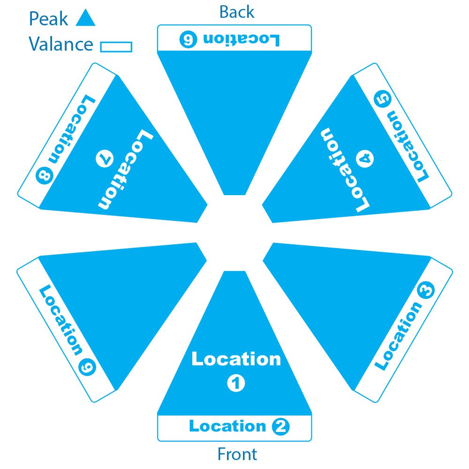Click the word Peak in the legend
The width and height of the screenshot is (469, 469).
[x=48, y=19]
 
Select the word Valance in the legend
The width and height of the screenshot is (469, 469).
[x=61, y=45]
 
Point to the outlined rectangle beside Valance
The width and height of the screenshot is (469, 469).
[x=116, y=46]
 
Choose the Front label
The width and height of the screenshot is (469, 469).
[x=237, y=454]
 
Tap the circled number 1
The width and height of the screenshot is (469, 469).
[x=236, y=383]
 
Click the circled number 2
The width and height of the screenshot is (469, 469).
[x=280, y=427]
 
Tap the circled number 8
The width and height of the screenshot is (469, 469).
[x=45, y=176]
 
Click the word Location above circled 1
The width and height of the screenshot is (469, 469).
[x=236, y=360]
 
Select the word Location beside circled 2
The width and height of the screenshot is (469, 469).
[x=227, y=426]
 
